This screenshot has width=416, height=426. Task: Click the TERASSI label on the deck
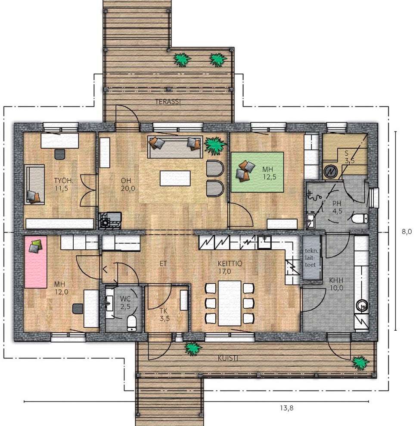click(168, 102)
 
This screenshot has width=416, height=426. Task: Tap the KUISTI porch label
click(228, 358)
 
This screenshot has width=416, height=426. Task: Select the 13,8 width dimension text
click(286, 408)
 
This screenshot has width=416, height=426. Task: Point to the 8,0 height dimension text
click(407, 232)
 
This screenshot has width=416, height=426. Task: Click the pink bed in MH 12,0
click(36, 262)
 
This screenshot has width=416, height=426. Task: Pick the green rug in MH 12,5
click(257, 172)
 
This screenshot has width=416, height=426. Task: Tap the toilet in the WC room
click(132, 323)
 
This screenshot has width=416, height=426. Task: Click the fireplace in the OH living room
click(110, 221)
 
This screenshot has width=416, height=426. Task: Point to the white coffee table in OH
click(175, 178)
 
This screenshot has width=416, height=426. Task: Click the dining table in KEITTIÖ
click(230, 303)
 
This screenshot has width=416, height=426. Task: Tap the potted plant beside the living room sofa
click(215, 146)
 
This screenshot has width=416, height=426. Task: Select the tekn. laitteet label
click(311, 258)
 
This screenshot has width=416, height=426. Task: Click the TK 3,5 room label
click(164, 315)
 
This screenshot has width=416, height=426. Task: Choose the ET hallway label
click(163, 263)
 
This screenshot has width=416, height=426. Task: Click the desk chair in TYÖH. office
click(60, 154)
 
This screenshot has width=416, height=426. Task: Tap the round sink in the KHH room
click(361, 306)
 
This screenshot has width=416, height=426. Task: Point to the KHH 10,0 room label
click(336, 284)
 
